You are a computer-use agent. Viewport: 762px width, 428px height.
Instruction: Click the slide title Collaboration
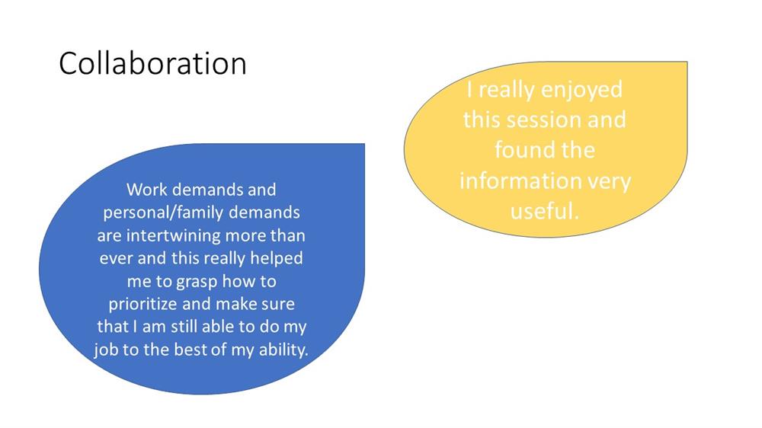click(152, 64)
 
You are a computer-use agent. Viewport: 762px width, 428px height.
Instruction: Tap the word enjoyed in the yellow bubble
click(581, 91)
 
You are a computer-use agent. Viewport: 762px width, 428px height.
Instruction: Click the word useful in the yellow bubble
click(541, 210)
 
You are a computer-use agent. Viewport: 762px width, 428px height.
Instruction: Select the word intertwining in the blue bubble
click(174, 235)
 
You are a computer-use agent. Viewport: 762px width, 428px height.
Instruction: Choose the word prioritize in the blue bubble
click(143, 304)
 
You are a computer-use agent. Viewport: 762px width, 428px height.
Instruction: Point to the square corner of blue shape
click(364, 144)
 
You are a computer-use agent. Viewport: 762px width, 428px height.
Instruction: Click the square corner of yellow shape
click(687, 62)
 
